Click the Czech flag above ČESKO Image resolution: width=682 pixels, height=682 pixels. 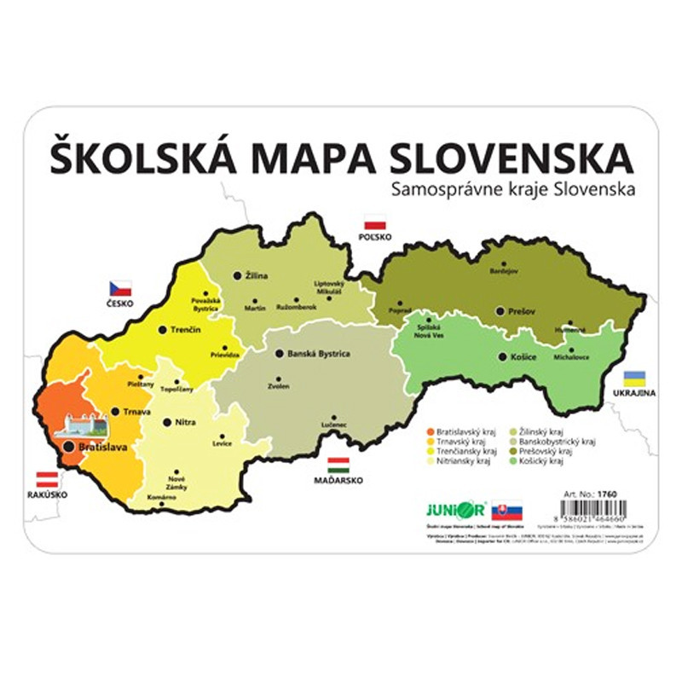click(119, 288)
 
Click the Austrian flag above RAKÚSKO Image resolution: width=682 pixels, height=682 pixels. click(46, 479)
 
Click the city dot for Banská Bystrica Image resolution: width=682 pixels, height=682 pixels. click(279, 353)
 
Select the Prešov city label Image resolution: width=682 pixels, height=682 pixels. click(522, 312)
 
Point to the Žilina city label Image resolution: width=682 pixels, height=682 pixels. click(256, 275)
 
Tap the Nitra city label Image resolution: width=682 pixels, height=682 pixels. click(184, 422)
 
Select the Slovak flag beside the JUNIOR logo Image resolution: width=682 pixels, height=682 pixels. click(507, 511)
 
